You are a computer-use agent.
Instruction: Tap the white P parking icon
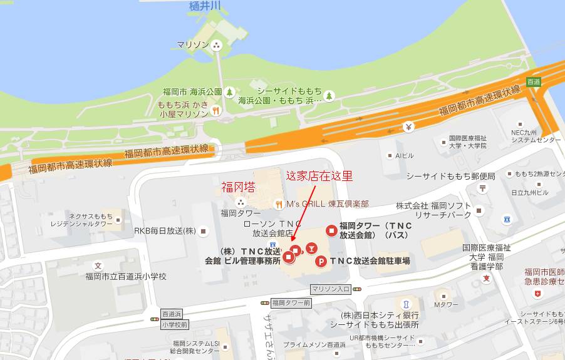tap(321, 261)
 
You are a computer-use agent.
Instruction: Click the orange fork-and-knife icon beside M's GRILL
tap(279, 203)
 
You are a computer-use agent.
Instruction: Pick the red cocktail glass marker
tap(311, 250)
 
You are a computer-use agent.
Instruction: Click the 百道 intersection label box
tap(534, 81)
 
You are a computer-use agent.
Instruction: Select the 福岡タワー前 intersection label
tap(291, 302)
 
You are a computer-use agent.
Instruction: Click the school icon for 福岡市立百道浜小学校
tap(97, 265)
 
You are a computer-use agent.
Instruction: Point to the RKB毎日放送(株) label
tap(164, 231)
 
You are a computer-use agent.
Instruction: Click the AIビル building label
tap(406, 155)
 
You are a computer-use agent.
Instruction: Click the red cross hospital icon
tap(537, 293)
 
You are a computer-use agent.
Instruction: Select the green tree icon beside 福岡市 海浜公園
tap(229, 92)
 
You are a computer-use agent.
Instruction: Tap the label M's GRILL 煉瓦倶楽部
tap(327, 203)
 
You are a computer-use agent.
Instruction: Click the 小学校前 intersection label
tap(174, 324)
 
